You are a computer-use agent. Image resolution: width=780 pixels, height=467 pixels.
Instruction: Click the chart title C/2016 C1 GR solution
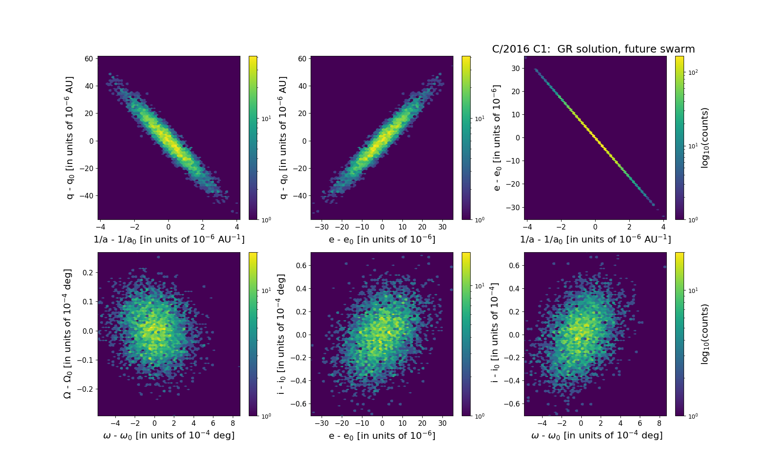593,49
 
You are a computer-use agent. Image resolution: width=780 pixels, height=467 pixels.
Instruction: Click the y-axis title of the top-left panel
69,137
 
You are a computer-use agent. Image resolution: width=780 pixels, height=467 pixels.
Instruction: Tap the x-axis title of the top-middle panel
382,239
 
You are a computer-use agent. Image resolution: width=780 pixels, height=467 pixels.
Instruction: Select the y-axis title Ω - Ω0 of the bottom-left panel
67,334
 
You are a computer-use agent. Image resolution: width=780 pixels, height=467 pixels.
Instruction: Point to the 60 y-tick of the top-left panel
89,58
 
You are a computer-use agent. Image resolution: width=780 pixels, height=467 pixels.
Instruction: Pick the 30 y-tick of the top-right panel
515,68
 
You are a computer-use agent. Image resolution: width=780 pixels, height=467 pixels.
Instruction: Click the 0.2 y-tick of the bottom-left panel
87,272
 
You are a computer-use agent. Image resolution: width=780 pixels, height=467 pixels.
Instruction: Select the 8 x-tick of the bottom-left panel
233,423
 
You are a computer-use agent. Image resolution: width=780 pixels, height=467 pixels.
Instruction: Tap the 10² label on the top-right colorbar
692,72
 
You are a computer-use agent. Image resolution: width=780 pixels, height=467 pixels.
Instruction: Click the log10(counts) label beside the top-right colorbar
705,138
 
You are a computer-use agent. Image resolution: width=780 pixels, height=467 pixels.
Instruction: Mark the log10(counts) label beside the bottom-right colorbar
705,334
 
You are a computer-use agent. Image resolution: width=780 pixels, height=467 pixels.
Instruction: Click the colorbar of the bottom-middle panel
466,334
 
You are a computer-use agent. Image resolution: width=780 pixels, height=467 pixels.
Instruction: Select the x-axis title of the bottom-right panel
597,435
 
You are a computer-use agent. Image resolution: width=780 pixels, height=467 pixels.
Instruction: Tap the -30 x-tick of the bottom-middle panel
322,423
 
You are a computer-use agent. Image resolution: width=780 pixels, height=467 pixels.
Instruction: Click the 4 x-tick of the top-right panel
663,227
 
